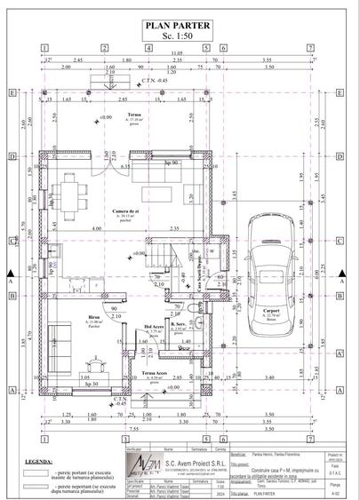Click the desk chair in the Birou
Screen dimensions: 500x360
[x=96, y=363]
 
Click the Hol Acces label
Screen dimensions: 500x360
[x=154, y=328]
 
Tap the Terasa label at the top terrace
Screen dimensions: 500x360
[x=132, y=115]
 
